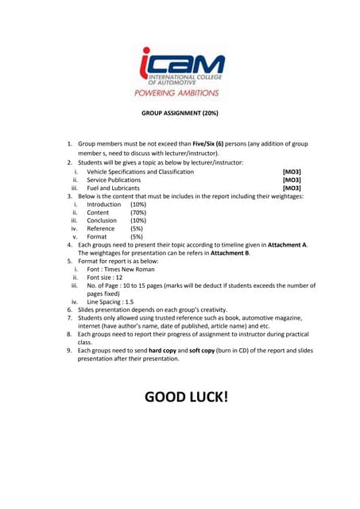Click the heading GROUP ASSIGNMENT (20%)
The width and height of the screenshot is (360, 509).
coord(180,114)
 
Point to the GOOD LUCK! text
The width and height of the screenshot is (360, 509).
coord(186,395)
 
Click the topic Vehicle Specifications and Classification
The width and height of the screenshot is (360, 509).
coord(140,171)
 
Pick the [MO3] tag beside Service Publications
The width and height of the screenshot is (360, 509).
coord(292,180)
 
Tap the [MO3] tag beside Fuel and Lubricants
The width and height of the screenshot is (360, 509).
coord(292,188)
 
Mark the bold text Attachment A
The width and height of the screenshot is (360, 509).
coord(286,245)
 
